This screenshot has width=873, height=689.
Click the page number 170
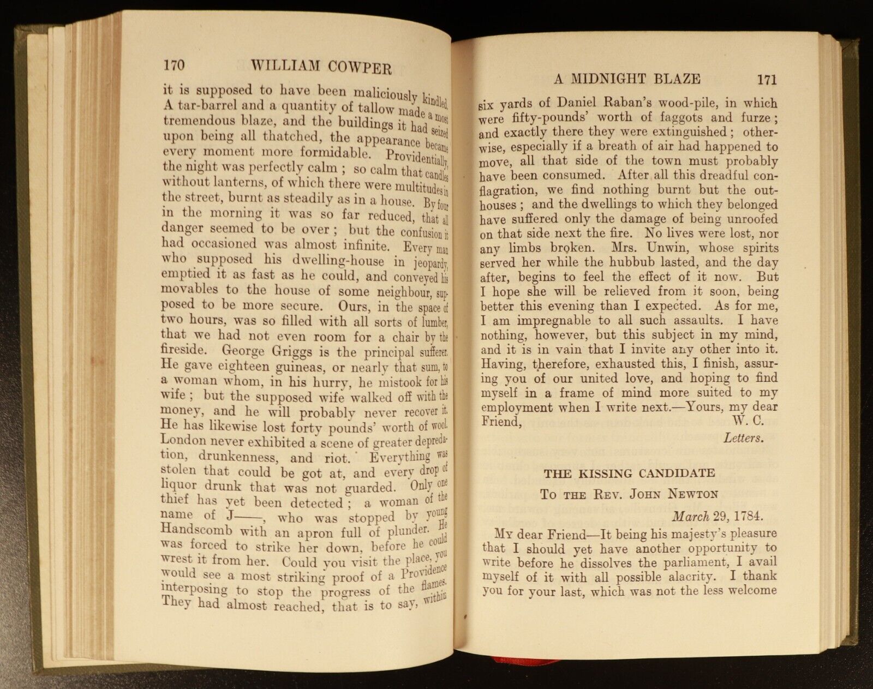tap(174, 65)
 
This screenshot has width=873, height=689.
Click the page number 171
tap(767, 80)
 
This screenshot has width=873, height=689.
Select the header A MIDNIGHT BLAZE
tap(627, 79)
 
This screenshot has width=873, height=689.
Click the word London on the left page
tap(183, 440)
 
